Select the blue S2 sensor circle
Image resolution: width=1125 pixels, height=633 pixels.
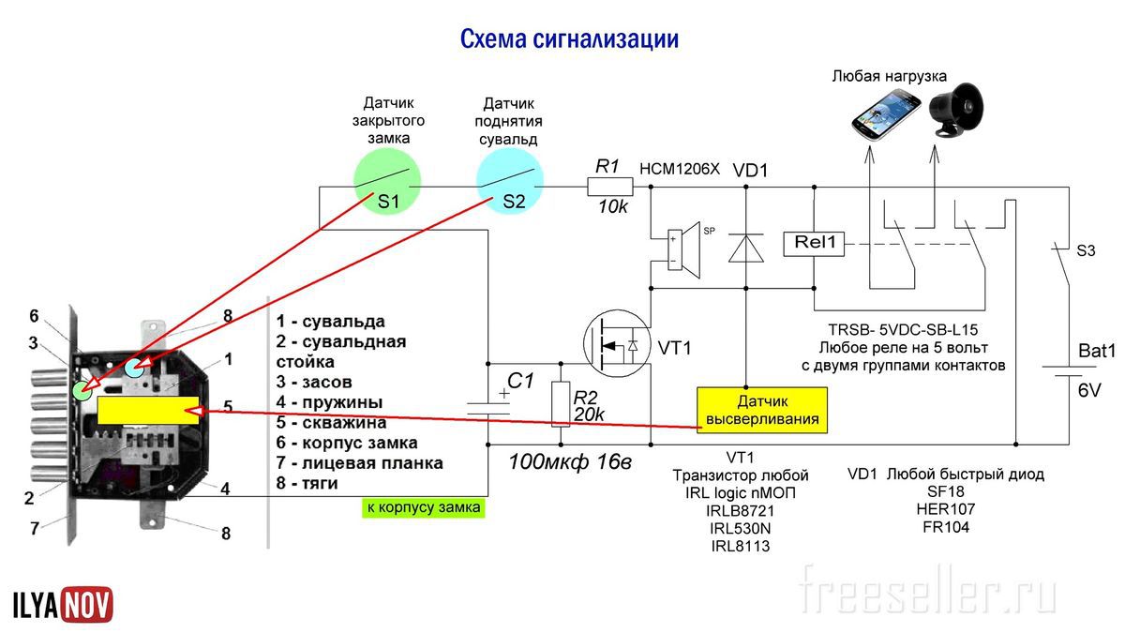510,186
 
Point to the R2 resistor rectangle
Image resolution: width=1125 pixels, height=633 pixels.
561,403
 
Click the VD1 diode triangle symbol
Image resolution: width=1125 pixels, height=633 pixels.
746,248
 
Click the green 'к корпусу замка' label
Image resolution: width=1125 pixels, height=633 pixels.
424,507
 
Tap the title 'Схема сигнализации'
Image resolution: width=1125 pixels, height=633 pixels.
568,39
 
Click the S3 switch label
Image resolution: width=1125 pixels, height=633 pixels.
1085,250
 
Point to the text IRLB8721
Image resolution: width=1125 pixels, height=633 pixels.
741,510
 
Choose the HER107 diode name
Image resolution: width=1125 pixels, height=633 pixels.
945,509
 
